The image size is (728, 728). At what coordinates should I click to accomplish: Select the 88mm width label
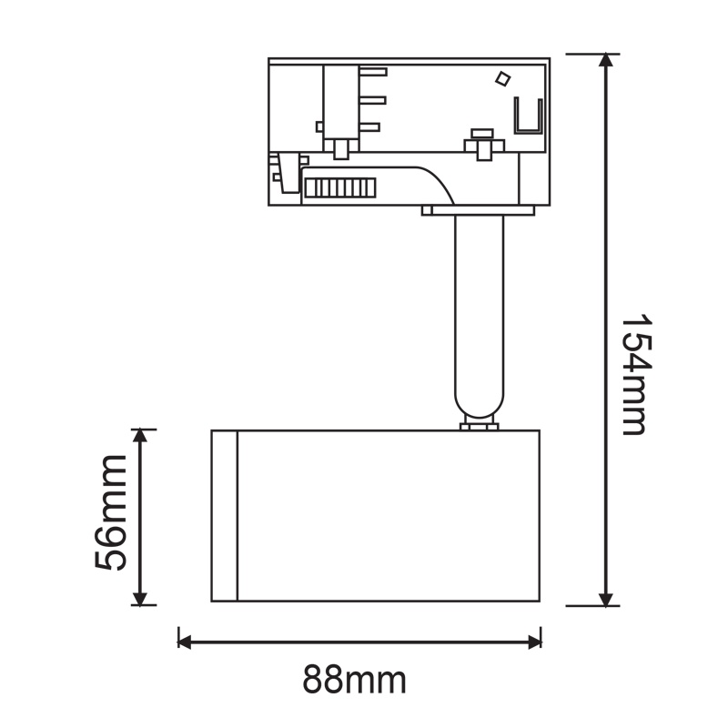tap(354, 679)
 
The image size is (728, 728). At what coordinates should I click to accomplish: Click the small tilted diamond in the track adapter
tap(501, 79)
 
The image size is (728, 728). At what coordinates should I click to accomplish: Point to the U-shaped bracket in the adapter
tap(529, 116)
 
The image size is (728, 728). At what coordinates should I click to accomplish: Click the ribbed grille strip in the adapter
tap(339, 187)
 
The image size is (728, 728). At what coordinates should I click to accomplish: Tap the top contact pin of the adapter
tap(372, 72)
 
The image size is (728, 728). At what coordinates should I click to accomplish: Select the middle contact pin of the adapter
tap(372, 100)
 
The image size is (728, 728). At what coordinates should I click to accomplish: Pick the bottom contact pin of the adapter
tap(372, 128)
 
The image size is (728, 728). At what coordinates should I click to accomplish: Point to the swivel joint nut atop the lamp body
tap(479, 424)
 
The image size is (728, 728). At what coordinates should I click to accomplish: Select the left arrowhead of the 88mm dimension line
tap(186, 642)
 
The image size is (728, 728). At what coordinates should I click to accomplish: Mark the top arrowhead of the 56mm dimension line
tap(140, 437)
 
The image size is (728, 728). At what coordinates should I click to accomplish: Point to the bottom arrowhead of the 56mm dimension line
tap(140, 597)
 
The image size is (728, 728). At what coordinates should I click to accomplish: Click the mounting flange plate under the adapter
tap(479, 211)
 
